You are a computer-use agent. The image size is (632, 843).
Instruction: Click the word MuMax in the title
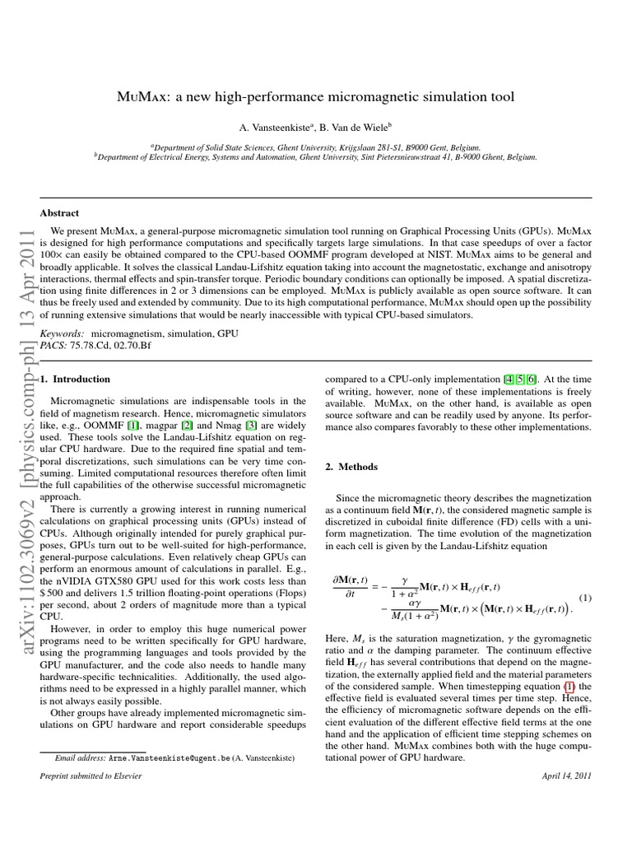[x=142, y=97]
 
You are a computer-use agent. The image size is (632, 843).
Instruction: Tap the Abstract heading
[x=60, y=212]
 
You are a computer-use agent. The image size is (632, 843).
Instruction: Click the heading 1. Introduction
[x=76, y=379]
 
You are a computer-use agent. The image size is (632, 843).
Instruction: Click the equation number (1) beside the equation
[x=585, y=597]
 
